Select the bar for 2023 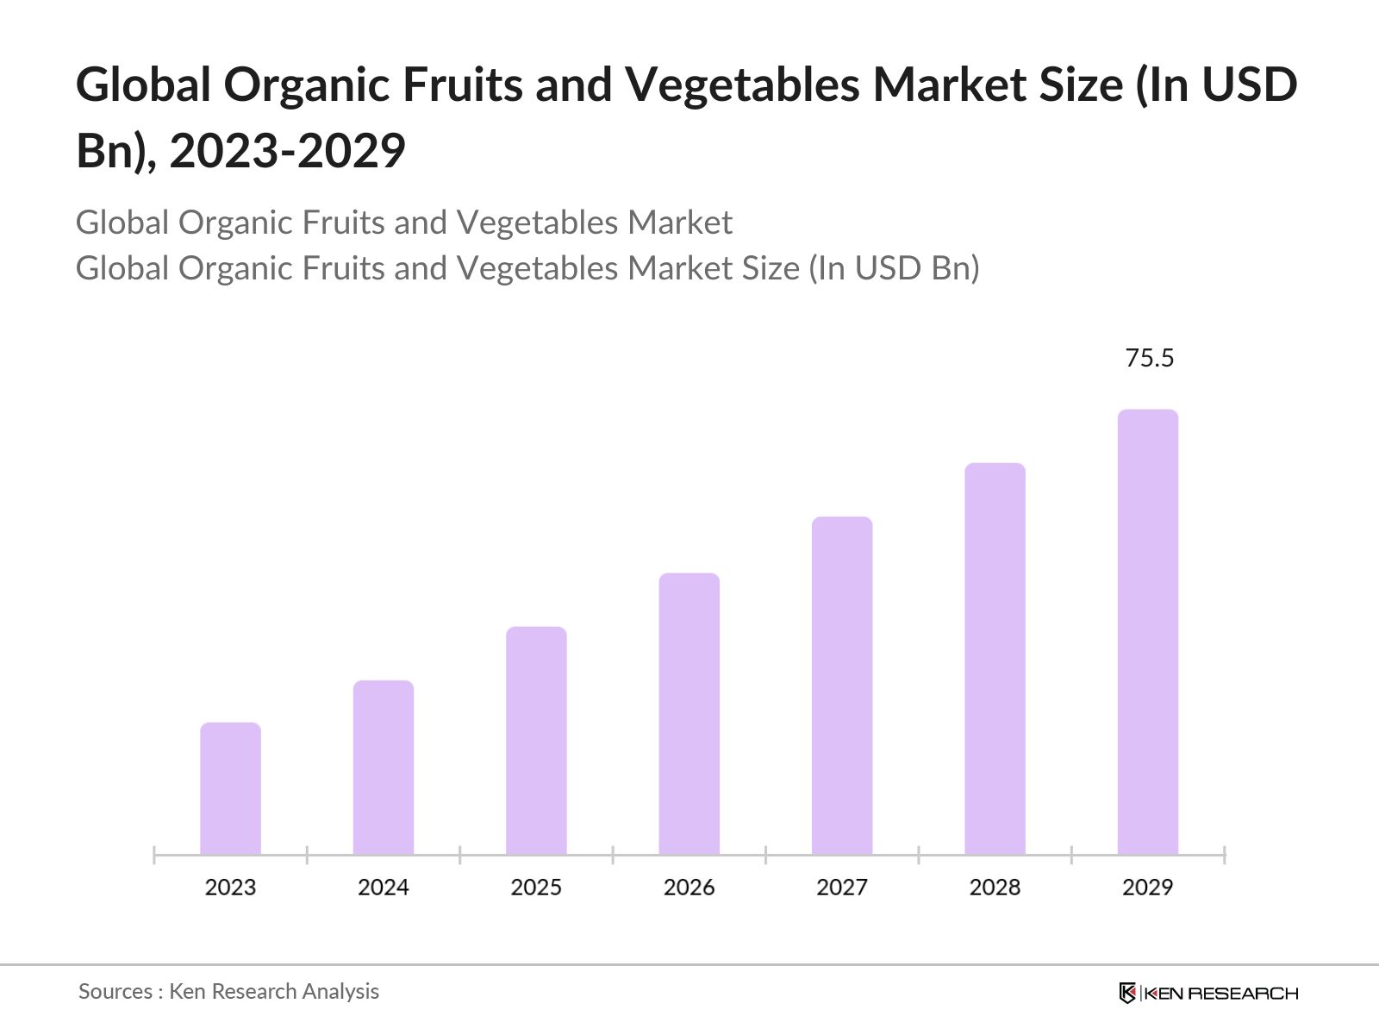coord(230,788)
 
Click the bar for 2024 coord(384,768)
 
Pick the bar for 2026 coord(689,713)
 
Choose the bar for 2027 coord(842,686)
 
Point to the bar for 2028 coord(995,659)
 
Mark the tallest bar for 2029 coord(1148,632)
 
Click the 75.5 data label coord(1150,358)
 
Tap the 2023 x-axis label coord(230,888)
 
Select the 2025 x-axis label coord(536,888)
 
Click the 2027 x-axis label coord(842,888)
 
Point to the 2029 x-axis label coord(1148,888)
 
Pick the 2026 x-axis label coord(689,888)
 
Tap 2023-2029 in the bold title coord(287,151)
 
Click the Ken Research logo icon coord(1127,993)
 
